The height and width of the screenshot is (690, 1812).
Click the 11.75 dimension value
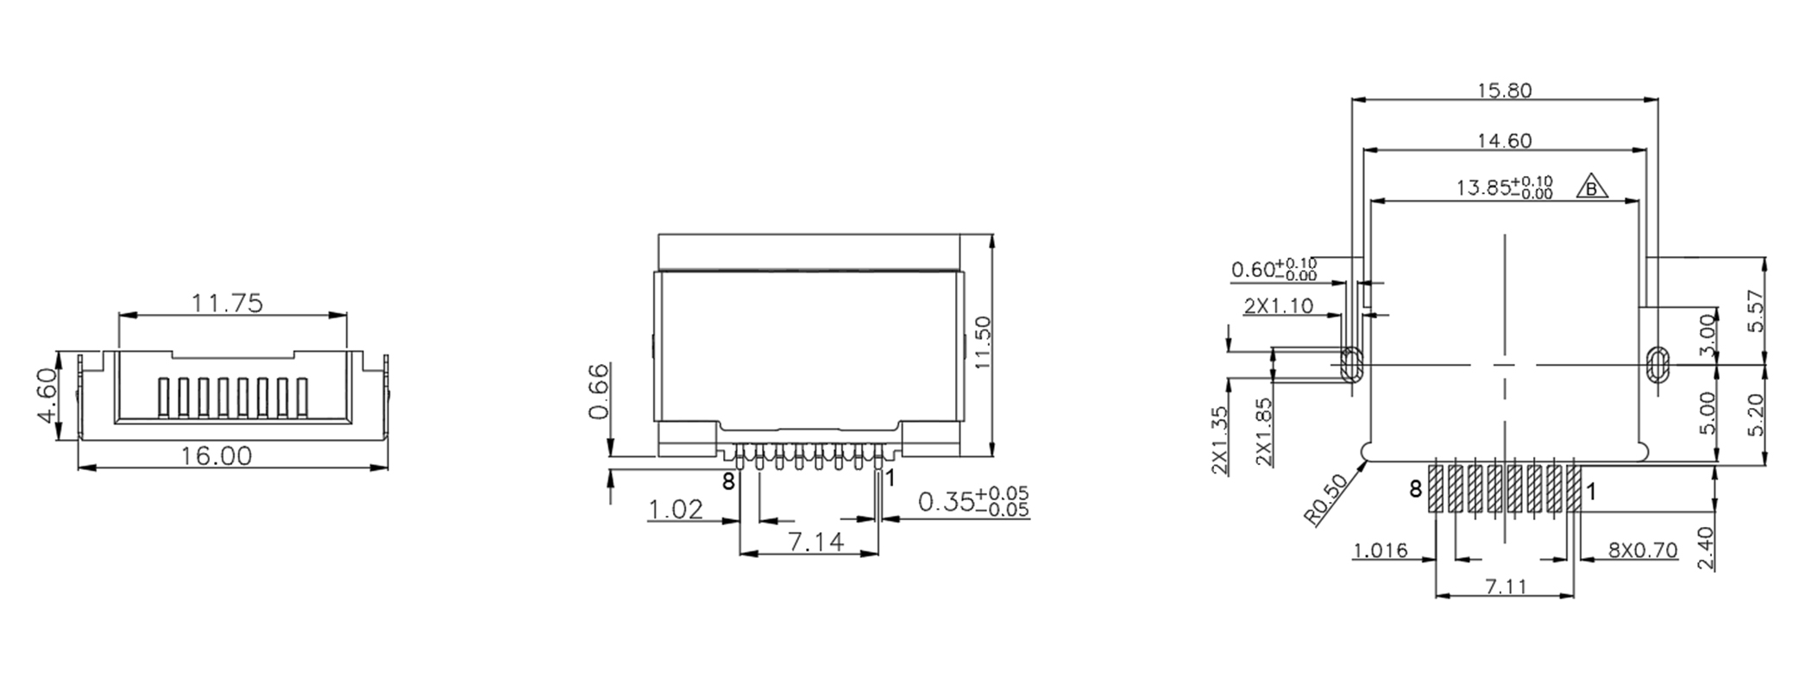(227, 304)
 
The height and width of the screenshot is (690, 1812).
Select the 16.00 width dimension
(216, 455)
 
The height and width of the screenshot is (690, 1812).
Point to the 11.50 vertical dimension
(981, 342)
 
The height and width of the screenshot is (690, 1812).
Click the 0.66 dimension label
(598, 391)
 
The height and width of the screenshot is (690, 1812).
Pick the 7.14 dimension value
(815, 542)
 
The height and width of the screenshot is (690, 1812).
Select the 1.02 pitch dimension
(676, 510)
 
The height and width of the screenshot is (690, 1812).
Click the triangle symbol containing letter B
(1593, 188)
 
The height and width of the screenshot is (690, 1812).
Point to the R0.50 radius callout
(1326, 500)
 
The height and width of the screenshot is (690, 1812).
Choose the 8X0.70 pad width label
(1643, 550)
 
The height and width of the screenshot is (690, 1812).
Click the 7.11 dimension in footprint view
(1507, 586)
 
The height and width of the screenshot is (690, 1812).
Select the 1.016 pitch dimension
(1381, 550)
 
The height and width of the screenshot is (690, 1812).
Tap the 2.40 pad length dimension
(1706, 549)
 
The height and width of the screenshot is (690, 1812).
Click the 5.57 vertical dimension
(1755, 310)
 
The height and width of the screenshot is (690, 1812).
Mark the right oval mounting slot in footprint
(1656, 364)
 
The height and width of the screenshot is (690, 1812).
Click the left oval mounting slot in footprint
(1350, 364)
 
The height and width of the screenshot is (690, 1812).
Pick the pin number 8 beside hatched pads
(1415, 490)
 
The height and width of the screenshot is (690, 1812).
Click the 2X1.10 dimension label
(1279, 305)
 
